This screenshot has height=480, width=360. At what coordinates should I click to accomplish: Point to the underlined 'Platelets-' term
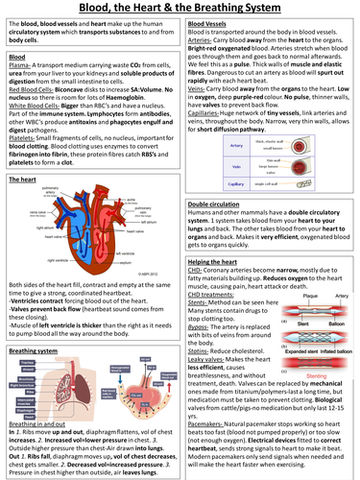pyautogui.click(x=24, y=164)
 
